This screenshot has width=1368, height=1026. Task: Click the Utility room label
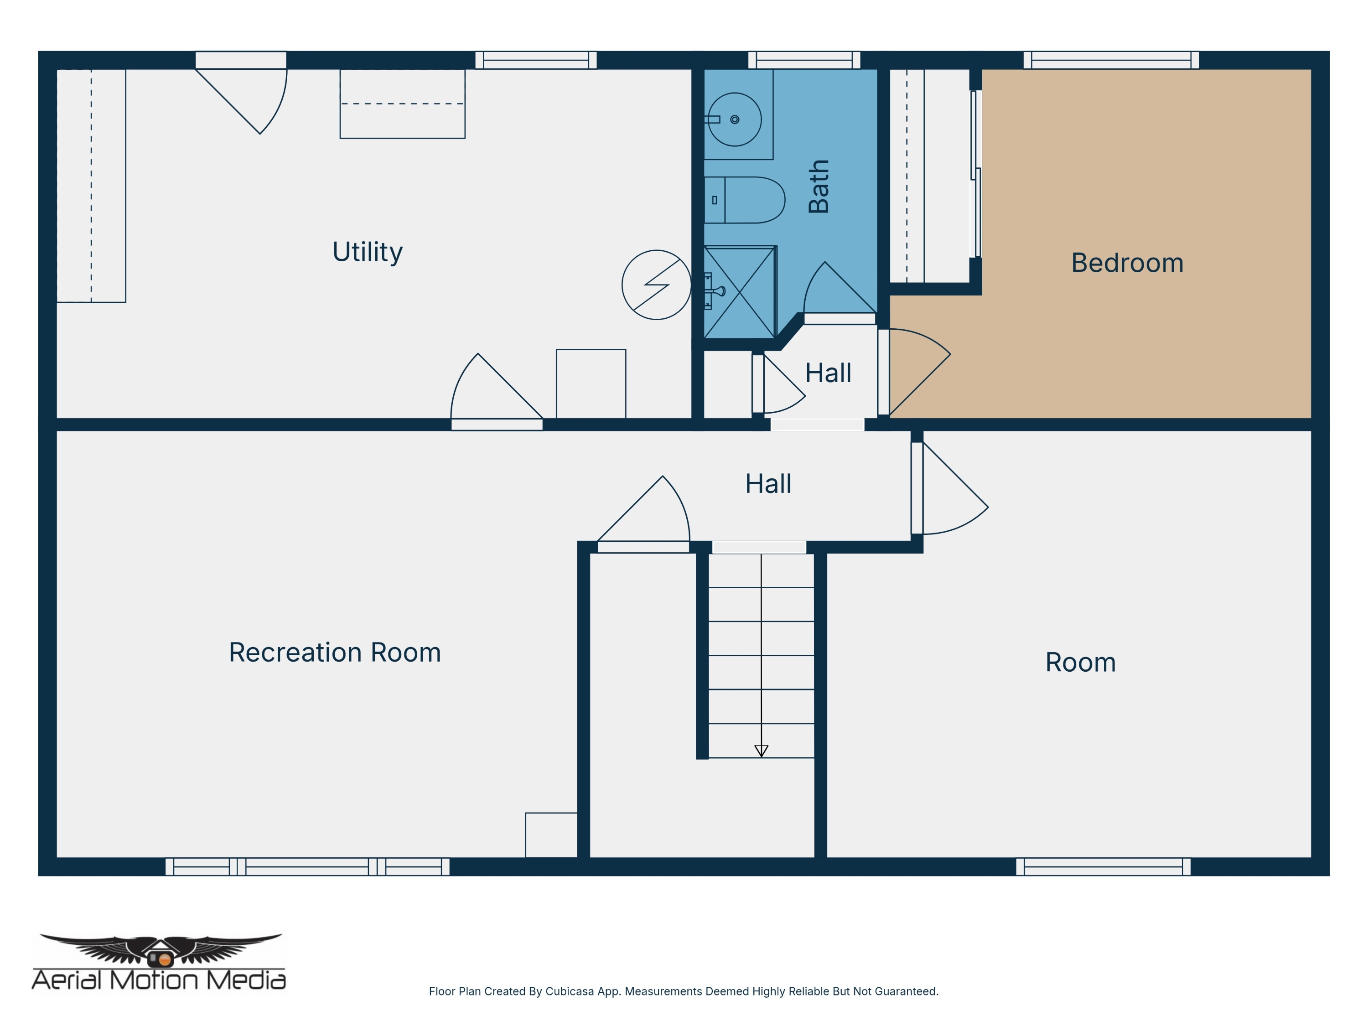368,252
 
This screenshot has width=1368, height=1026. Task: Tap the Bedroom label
1127,263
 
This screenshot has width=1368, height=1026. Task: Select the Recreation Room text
335,653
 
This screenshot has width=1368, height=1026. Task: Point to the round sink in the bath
735,119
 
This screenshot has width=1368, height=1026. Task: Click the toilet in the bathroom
745,200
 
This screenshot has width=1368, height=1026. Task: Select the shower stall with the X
740,292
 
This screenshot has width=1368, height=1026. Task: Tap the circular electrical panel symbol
656,285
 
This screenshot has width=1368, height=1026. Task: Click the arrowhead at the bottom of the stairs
762,751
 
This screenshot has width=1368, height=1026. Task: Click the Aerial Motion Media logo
159,962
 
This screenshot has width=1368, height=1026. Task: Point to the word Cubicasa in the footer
570,991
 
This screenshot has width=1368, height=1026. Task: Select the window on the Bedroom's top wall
1111,60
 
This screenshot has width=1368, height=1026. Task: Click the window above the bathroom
804,60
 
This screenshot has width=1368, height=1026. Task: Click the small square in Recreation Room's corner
551,835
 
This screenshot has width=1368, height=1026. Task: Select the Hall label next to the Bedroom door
828,373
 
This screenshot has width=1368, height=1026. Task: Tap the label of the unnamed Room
1080,663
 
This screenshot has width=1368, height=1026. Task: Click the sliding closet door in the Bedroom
976,174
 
